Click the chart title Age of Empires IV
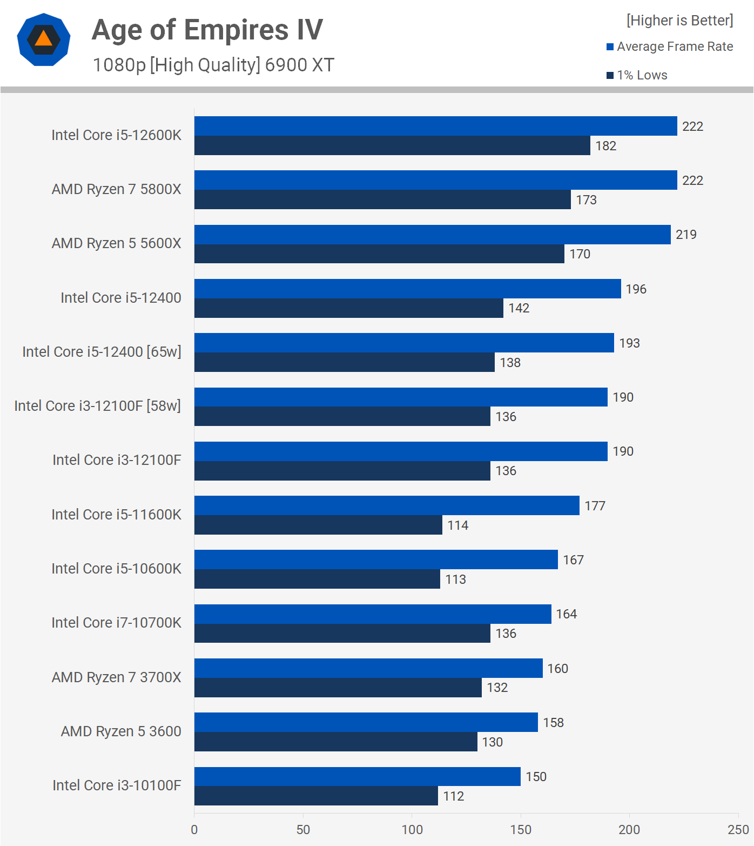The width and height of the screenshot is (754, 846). pos(207,30)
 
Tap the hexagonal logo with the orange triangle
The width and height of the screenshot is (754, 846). pos(44,39)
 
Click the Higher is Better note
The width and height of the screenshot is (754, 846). pos(679,21)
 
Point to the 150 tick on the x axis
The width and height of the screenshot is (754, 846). pos(521,829)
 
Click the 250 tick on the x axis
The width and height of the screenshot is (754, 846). pos(738,829)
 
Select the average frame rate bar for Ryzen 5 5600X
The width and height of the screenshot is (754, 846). pos(432,235)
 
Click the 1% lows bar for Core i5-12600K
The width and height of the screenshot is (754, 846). pos(392,145)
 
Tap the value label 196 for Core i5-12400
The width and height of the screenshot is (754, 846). pos(636,289)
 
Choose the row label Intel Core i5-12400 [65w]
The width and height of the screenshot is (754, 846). pos(102,352)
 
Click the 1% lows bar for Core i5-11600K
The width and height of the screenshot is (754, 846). pos(318,525)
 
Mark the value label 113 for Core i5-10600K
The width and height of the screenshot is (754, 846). pos(455,579)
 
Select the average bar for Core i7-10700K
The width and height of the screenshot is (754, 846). pos(373,614)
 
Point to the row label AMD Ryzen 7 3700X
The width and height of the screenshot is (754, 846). pos(116,677)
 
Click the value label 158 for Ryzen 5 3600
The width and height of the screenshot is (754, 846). pos(553,723)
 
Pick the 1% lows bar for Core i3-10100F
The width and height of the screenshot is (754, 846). pos(316,796)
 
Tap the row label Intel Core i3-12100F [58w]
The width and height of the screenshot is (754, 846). pos(97,406)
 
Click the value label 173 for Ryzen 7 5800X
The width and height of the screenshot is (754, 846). pos(586,200)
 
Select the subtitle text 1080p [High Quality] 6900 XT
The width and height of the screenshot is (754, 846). pos(213,65)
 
